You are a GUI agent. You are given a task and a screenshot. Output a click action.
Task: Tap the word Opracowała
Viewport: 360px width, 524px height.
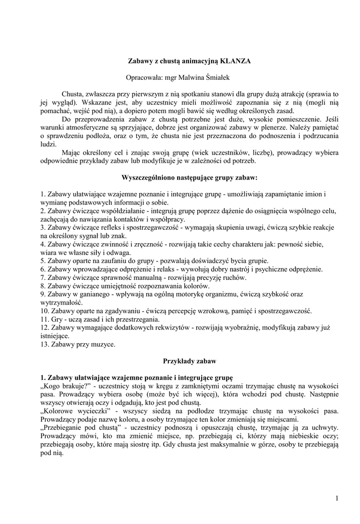(143, 78)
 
